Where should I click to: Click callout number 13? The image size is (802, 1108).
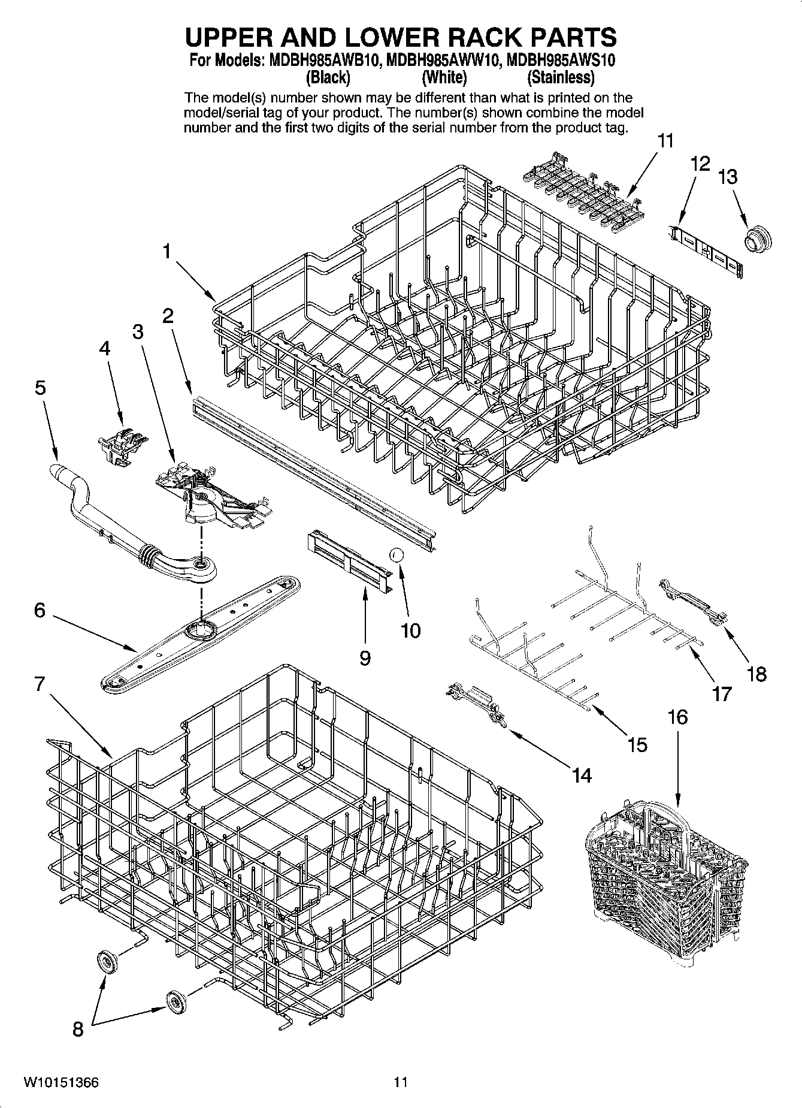[728, 177]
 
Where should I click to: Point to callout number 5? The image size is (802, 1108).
[40, 388]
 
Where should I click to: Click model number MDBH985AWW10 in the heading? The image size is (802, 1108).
[443, 61]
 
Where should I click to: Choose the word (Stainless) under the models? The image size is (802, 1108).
[560, 78]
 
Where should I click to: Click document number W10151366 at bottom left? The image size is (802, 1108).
[61, 1082]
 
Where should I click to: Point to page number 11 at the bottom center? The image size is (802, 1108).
[400, 1082]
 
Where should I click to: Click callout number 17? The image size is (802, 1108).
[722, 694]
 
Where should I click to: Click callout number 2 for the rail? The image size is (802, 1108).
[168, 316]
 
